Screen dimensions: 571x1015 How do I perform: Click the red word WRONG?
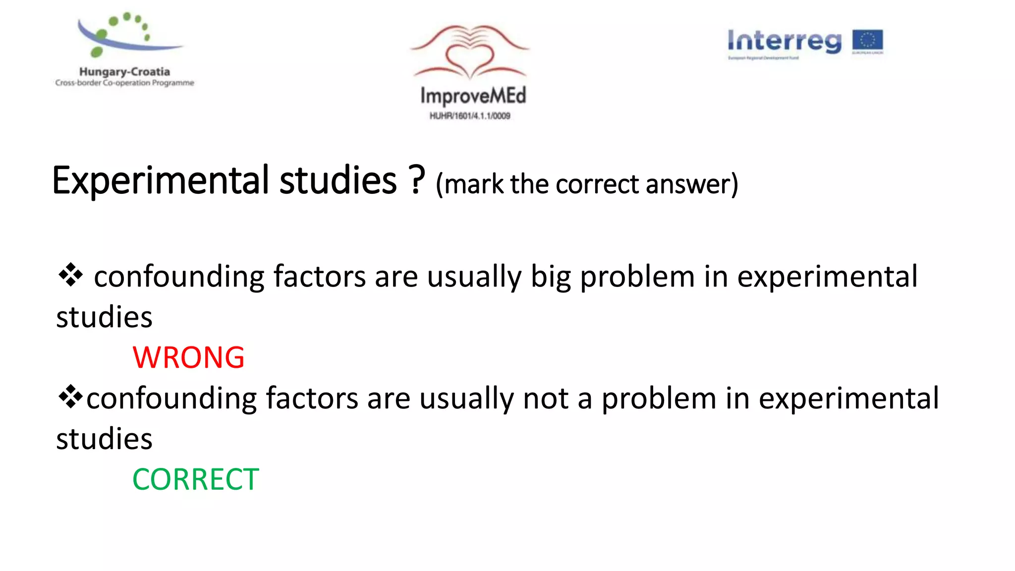(x=188, y=357)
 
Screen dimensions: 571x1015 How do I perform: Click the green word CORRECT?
(x=195, y=479)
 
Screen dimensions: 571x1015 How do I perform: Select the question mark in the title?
(x=417, y=179)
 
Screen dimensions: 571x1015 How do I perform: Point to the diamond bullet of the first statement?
(x=70, y=275)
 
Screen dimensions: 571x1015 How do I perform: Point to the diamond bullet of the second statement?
(x=70, y=397)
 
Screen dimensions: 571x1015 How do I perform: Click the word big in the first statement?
(x=551, y=277)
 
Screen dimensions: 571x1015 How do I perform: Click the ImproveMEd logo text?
(x=473, y=96)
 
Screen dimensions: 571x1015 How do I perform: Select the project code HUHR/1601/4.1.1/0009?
(x=469, y=116)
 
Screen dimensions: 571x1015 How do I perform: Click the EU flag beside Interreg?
(x=867, y=42)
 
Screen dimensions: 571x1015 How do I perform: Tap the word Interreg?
(x=784, y=41)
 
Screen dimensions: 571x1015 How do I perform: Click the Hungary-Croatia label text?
(x=124, y=72)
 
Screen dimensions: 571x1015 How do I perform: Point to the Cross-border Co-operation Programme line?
(x=124, y=83)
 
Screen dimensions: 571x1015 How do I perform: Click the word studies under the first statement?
(x=104, y=317)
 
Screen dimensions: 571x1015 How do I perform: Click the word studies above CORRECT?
(x=104, y=439)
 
